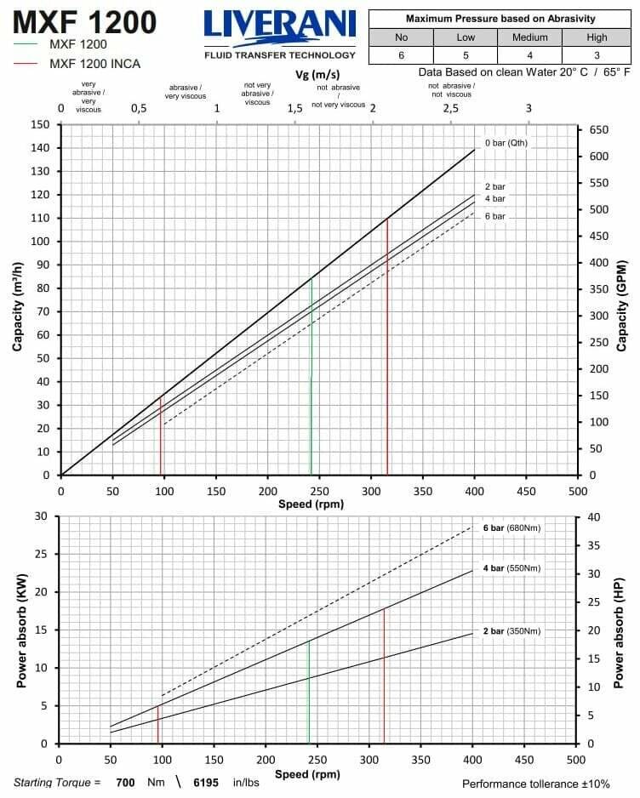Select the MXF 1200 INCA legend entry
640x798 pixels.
(x=94, y=64)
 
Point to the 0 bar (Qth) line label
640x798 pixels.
(x=506, y=143)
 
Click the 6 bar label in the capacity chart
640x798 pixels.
(x=495, y=216)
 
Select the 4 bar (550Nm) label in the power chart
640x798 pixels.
(x=511, y=567)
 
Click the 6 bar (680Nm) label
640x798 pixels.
(x=511, y=527)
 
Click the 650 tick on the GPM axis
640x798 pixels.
(x=598, y=129)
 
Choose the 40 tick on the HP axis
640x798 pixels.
(x=594, y=517)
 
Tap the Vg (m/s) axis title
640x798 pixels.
(x=317, y=75)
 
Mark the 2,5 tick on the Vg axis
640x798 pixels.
(x=450, y=108)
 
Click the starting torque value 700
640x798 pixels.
(x=126, y=782)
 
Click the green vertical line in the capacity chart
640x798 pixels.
(x=311, y=374)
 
